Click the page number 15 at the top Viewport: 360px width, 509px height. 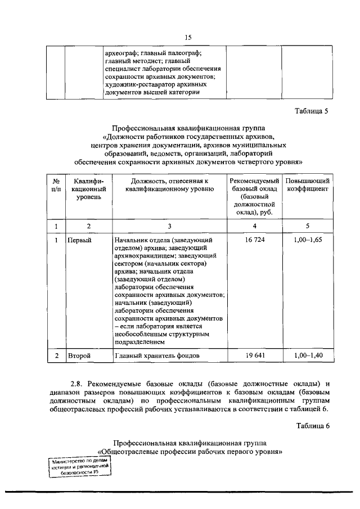(x=188, y=37)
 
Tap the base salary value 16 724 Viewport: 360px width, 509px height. (x=254, y=240)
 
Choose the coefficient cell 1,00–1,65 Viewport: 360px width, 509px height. (x=307, y=240)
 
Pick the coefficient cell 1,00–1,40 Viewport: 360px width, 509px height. (x=307, y=355)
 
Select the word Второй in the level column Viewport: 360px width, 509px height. (x=79, y=355)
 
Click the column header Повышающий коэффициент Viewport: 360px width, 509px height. (x=307, y=185)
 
